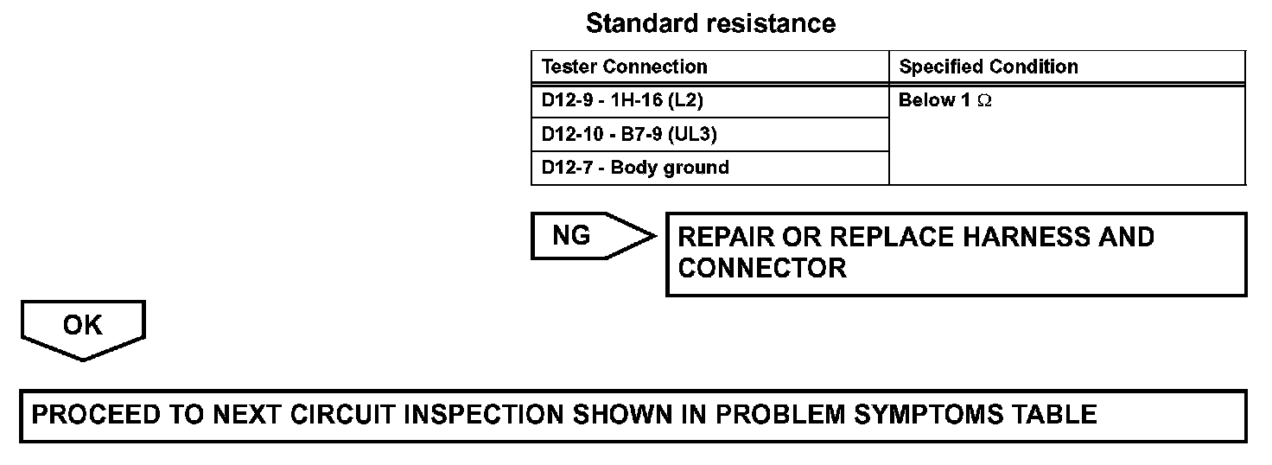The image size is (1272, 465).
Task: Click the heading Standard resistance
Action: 710,23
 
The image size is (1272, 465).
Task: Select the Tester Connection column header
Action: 624,67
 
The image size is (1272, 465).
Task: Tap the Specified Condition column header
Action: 989,67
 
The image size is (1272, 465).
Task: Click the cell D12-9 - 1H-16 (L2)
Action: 622,100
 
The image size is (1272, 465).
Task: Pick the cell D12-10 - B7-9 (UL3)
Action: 629,134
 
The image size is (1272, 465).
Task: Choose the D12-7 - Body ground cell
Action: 635,168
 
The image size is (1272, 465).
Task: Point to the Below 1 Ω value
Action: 944,100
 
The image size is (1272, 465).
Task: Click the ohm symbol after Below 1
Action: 984,101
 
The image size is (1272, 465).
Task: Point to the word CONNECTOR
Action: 762,268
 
